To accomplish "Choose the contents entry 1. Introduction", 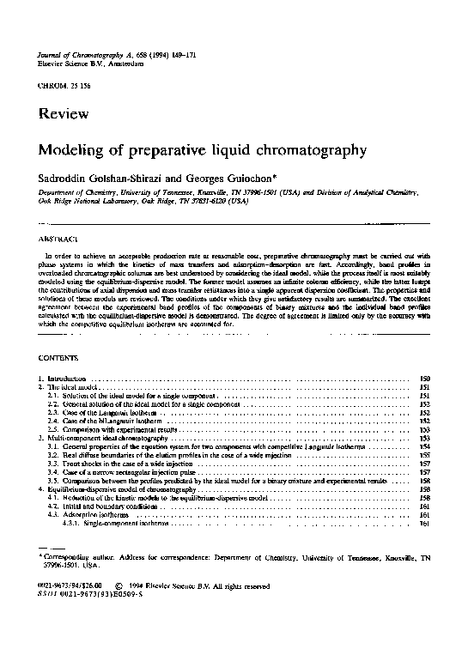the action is [65, 379].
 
